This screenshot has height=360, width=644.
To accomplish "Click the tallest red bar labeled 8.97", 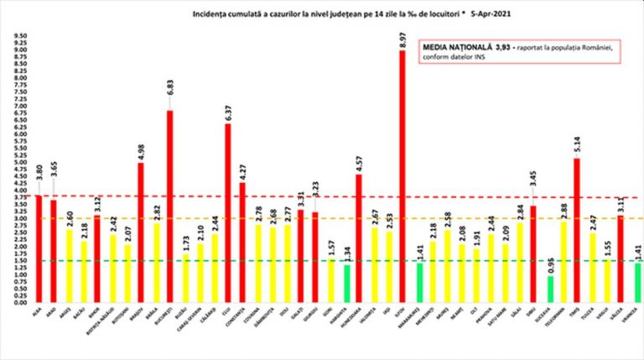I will [402, 176].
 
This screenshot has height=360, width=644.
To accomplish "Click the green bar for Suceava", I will [549, 288].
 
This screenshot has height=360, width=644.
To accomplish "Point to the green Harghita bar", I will [346, 283].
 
